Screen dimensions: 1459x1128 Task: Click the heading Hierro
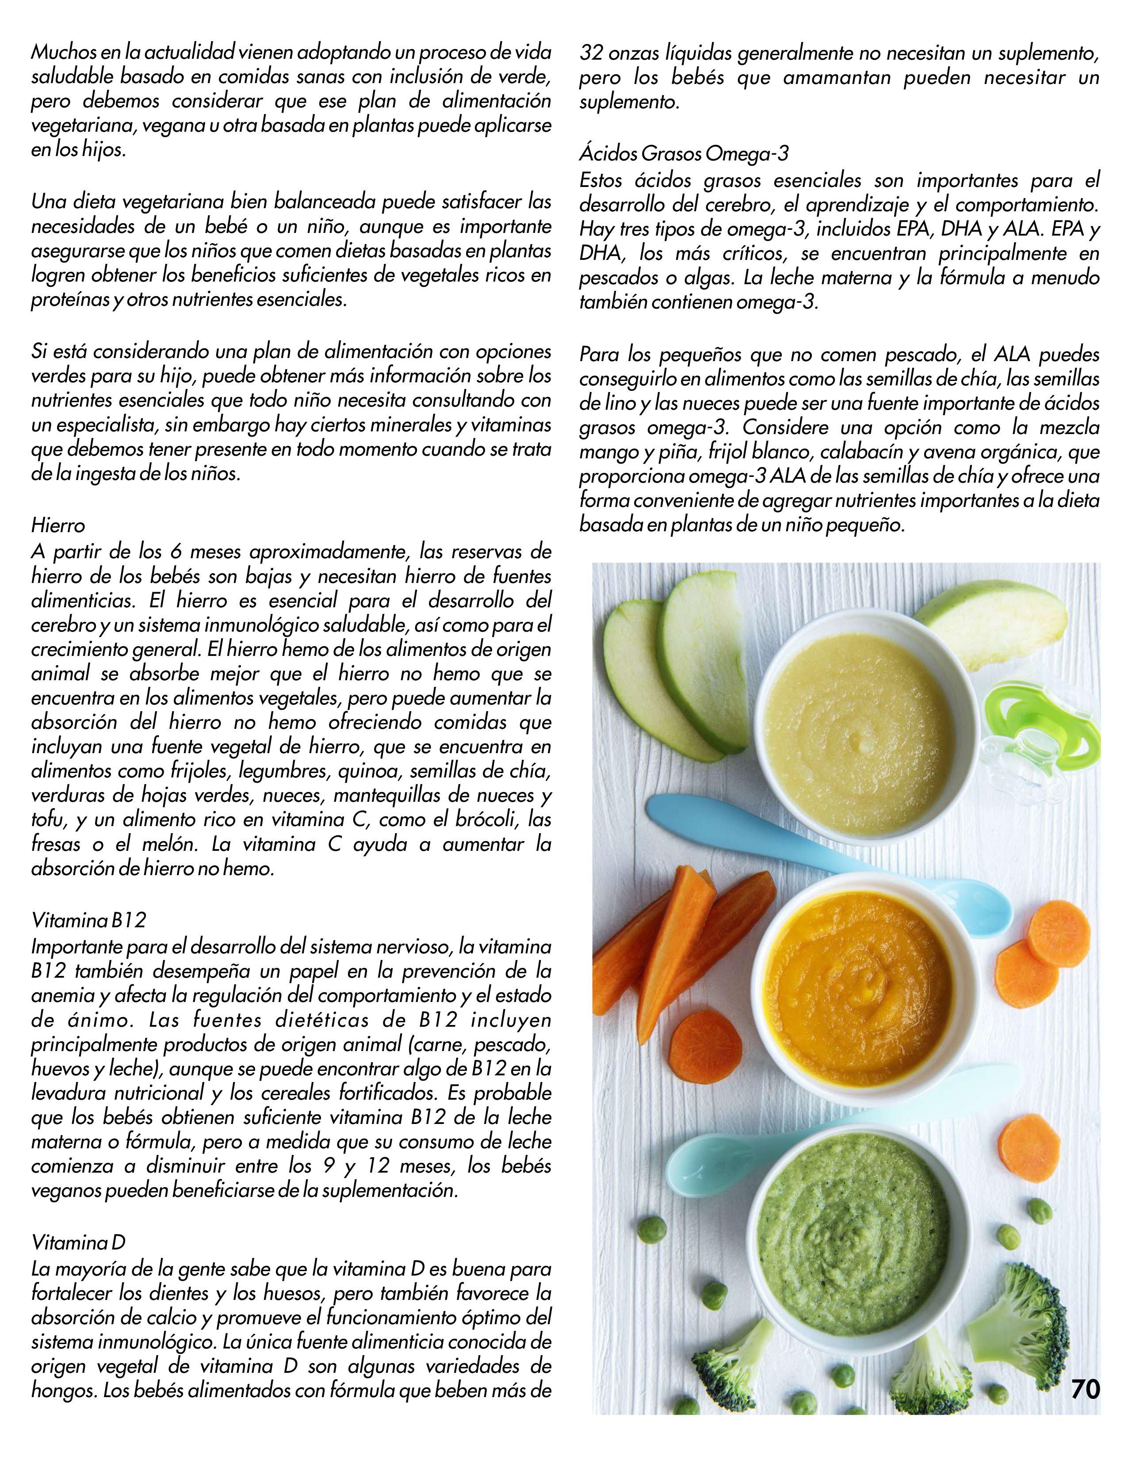pyautogui.click(x=58, y=526)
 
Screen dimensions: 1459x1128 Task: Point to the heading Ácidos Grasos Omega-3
pyautogui.click(x=684, y=154)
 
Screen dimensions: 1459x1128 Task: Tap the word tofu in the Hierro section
pyautogui.click(x=48, y=820)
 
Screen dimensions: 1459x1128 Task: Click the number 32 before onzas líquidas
pyautogui.click(x=591, y=52)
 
